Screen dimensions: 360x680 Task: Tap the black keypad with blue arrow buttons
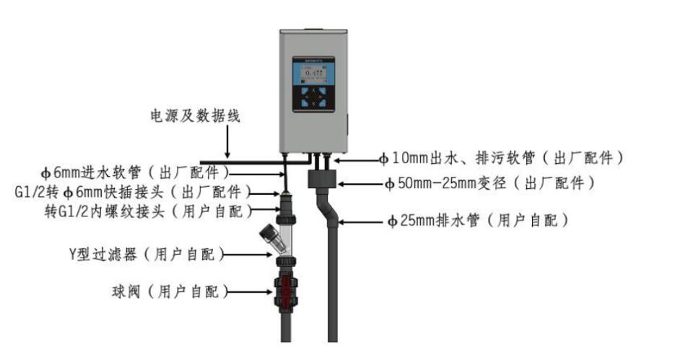314,98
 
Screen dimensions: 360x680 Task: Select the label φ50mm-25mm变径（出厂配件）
491,183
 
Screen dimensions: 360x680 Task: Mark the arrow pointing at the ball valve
250,292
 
